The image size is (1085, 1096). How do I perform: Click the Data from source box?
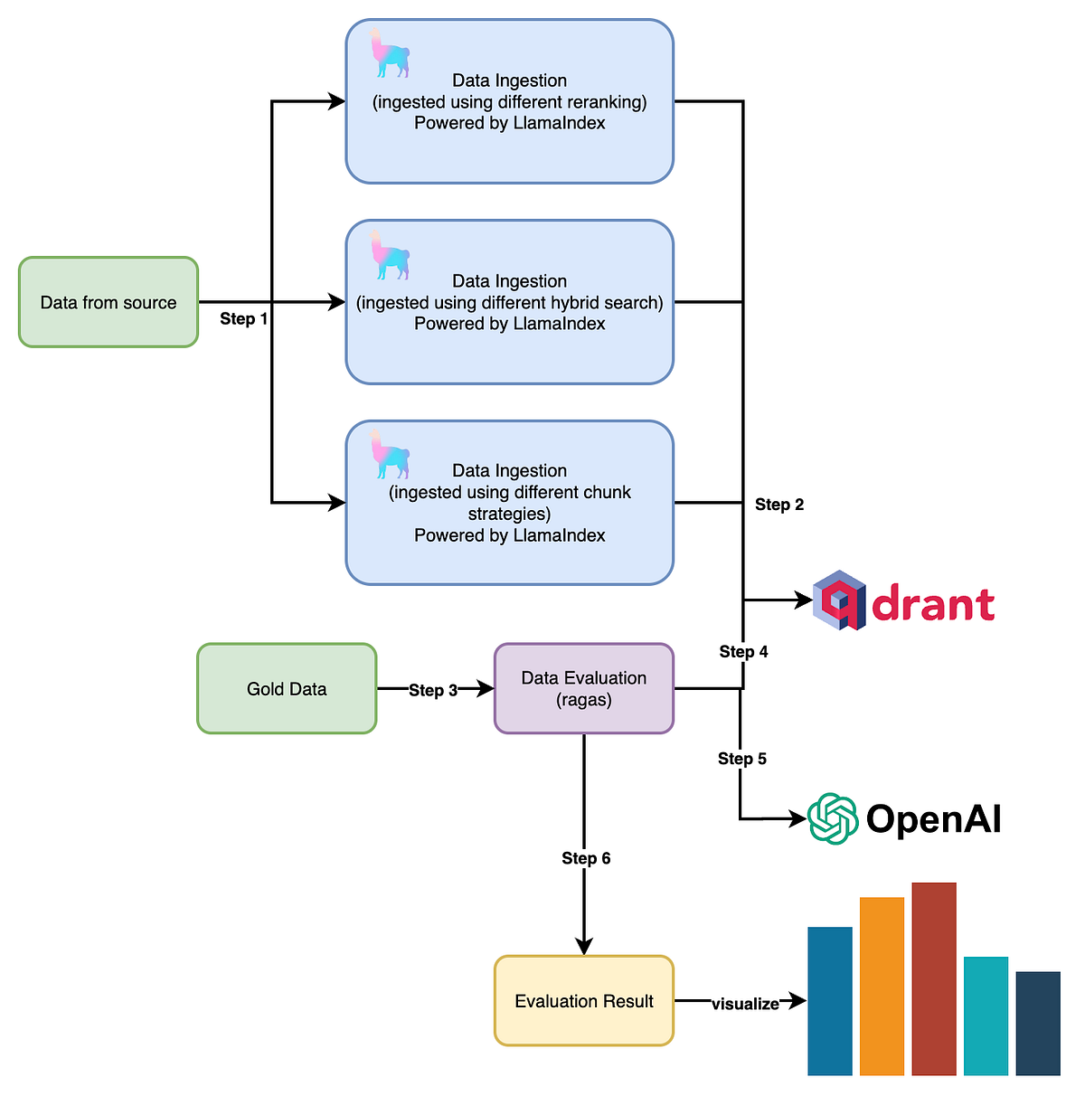tap(108, 302)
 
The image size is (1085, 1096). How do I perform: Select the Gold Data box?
tap(286, 688)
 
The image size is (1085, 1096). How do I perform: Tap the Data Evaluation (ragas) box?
tap(583, 688)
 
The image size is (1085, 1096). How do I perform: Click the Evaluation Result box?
tap(583, 1001)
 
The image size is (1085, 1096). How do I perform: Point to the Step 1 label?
tap(244, 318)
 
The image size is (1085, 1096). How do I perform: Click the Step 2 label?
tap(778, 505)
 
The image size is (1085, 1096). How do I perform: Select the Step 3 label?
tap(432, 690)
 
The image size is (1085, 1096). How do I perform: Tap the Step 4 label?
tap(743, 651)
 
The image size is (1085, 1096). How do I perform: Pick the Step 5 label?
tap(741, 759)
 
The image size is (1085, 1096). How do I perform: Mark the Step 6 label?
tap(585, 858)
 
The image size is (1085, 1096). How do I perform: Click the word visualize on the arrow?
tap(744, 1004)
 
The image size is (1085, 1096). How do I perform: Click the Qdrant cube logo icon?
tap(839, 600)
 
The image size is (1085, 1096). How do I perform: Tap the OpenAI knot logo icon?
tap(832, 818)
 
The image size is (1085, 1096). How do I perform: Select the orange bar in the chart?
tap(882, 986)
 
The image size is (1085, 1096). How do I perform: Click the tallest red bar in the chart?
tap(934, 978)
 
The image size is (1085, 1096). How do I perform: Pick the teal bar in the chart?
tap(986, 1016)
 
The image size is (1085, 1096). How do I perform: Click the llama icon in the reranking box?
tap(390, 52)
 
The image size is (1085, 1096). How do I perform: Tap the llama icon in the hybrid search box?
tap(390, 255)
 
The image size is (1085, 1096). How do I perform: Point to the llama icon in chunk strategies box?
tap(390, 455)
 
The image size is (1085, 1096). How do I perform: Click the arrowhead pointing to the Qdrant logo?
tap(803, 600)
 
